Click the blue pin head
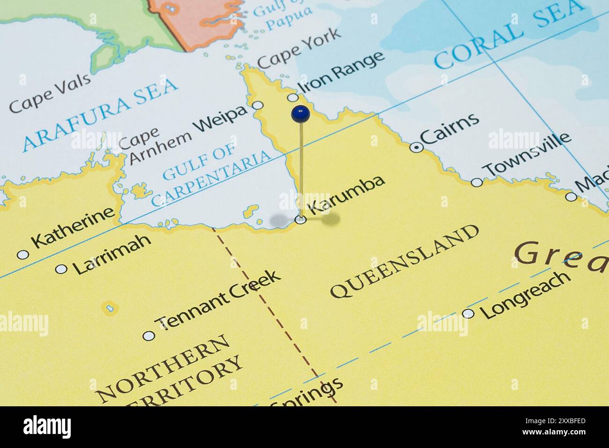pyautogui.click(x=300, y=113)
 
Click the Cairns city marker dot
pyautogui.click(x=416, y=148)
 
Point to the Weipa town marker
pyautogui.click(x=258, y=105)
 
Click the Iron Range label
pyautogui.click(x=341, y=73)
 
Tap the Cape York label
pyautogui.click(x=299, y=48)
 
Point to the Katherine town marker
pyautogui.click(x=22, y=254)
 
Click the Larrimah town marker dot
pyautogui.click(x=61, y=269)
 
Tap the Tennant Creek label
pyautogui.click(x=219, y=299)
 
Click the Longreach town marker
pyautogui.click(x=468, y=314)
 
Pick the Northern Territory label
pyautogui.click(x=169, y=370)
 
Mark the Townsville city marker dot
pyautogui.click(x=476, y=182)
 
